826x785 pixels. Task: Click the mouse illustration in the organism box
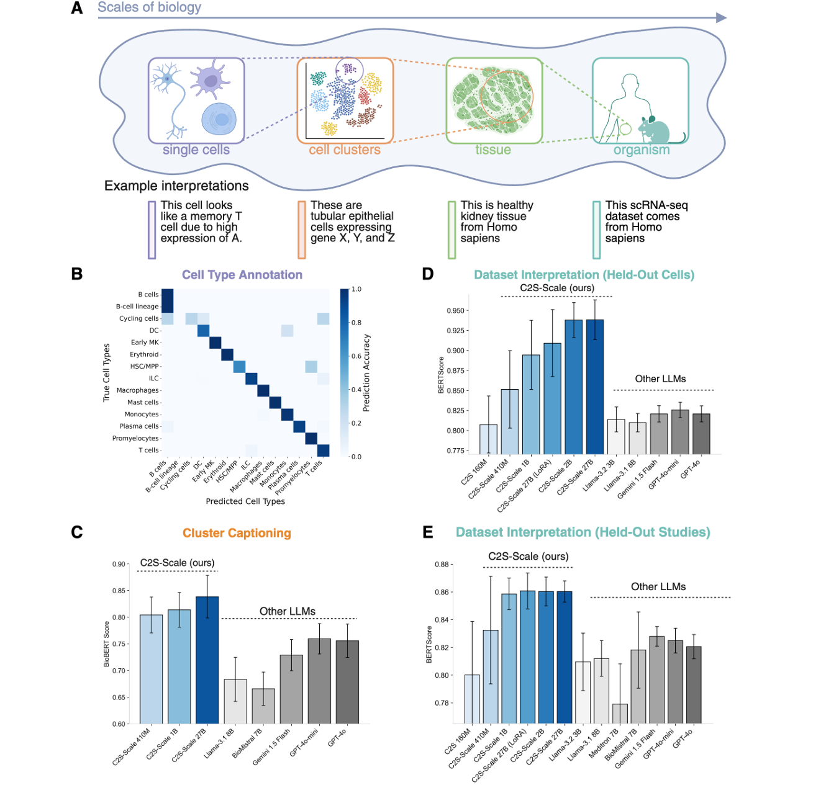click(x=658, y=130)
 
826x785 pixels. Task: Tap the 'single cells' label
click(x=196, y=150)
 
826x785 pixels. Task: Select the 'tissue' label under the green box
click(x=493, y=150)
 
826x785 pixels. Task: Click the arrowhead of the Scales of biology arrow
click(x=721, y=18)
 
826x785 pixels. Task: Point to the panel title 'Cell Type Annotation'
click(x=242, y=275)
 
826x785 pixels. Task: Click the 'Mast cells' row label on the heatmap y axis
click(x=143, y=402)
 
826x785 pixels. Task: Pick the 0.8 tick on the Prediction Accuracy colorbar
click(x=356, y=323)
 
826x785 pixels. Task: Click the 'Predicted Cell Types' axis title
click(x=245, y=501)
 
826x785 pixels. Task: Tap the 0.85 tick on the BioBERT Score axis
click(x=119, y=591)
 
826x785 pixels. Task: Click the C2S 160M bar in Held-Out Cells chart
click(x=488, y=439)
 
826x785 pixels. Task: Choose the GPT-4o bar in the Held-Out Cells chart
click(x=701, y=434)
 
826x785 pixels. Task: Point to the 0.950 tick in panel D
click(x=455, y=311)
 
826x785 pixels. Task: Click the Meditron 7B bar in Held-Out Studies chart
click(x=620, y=714)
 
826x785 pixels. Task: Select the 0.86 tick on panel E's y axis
click(x=442, y=592)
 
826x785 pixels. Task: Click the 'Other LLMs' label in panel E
click(x=658, y=586)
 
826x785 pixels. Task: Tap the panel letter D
click(x=428, y=274)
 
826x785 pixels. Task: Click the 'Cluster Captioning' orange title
click(x=237, y=533)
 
